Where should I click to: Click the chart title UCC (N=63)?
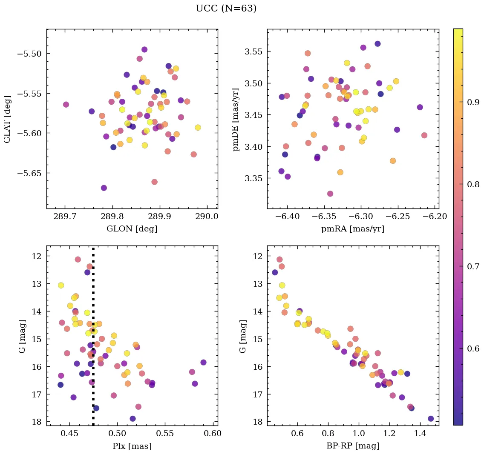pyautogui.click(x=226, y=9)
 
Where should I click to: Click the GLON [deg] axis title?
pyautogui.click(x=132, y=229)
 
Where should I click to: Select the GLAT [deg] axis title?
pyautogui.click(x=7, y=119)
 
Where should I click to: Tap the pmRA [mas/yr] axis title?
pyautogui.click(x=352, y=229)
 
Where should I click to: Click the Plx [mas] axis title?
pyautogui.click(x=132, y=446)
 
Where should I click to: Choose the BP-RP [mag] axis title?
pyautogui.click(x=352, y=446)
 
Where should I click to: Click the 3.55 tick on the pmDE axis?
pyautogui.click(x=254, y=51)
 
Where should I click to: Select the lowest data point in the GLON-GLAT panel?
pyautogui.click(x=104, y=188)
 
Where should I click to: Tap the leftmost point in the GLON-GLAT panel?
pyautogui.click(x=66, y=104)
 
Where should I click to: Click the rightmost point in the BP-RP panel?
pyautogui.click(x=431, y=418)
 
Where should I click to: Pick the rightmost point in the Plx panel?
pyautogui.click(x=203, y=362)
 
